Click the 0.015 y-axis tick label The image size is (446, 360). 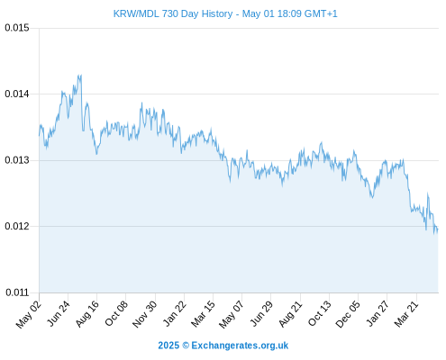(17, 28)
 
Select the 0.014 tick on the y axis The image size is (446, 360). (17, 94)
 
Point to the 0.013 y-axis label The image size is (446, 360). (17, 160)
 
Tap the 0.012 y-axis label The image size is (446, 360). (17, 226)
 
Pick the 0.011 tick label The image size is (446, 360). (17, 292)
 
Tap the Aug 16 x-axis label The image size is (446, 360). (87, 314)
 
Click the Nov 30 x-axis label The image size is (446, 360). (145, 314)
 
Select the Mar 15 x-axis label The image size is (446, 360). (204, 314)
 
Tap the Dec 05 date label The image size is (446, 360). (348, 314)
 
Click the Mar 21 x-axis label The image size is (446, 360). (406, 314)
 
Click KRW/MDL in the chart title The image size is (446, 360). (136, 13)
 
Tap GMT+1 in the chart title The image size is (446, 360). (321, 13)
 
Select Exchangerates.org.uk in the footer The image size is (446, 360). (240, 346)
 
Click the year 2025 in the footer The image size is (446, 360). (168, 346)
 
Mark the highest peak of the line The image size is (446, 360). (80, 75)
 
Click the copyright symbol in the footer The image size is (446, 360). (186, 346)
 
